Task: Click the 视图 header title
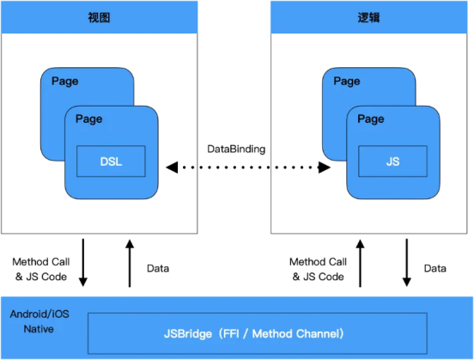pyautogui.click(x=99, y=17)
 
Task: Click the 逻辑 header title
pyautogui.click(x=368, y=17)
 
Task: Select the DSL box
pyautogui.click(x=111, y=162)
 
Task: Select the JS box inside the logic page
pyautogui.click(x=392, y=162)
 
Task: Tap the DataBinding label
pyautogui.click(x=236, y=149)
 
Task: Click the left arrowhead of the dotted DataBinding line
pyautogui.click(x=172, y=168)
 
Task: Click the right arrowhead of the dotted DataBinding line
pyautogui.click(x=325, y=168)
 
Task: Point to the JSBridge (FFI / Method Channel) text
pyautogui.click(x=253, y=333)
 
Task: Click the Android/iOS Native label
pyautogui.click(x=39, y=321)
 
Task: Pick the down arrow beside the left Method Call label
pyautogui.click(x=83, y=263)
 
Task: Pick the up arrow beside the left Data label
pyautogui.click(x=130, y=263)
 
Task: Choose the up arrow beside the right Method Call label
pyautogui.click(x=360, y=263)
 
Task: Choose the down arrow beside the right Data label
pyautogui.click(x=406, y=263)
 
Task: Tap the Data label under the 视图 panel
pyautogui.click(x=158, y=268)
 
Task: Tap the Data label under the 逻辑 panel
pyautogui.click(x=435, y=268)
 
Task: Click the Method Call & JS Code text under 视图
pyautogui.click(x=41, y=269)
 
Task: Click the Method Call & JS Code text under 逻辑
pyautogui.click(x=318, y=269)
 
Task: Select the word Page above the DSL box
pyautogui.click(x=89, y=119)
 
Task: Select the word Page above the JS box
pyautogui.click(x=371, y=119)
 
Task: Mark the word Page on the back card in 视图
pyautogui.click(x=65, y=81)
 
